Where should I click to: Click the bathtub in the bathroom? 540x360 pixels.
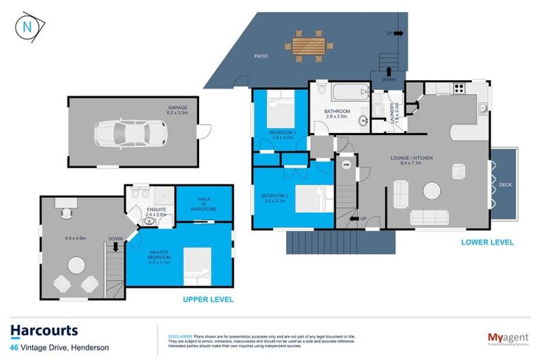349,92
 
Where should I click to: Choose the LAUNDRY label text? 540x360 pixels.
394,112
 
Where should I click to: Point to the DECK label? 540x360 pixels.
505,185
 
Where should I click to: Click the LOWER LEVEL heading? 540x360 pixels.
487,243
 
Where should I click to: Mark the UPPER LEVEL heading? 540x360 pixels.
208,300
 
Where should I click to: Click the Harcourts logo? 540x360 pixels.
44,330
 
